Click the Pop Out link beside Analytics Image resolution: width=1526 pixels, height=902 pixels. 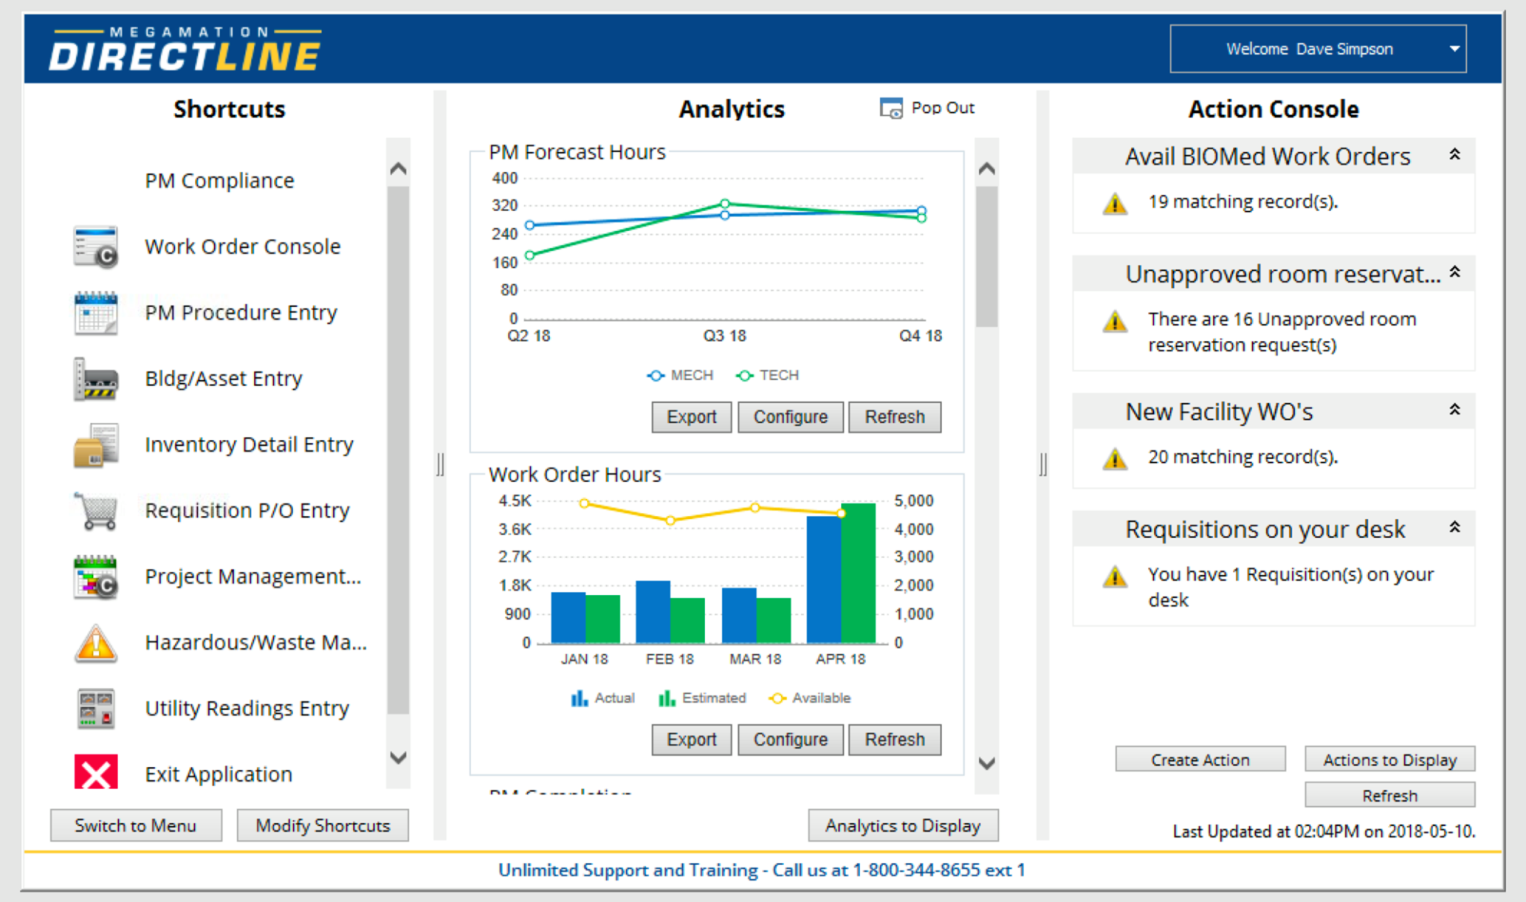click(x=928, y=109)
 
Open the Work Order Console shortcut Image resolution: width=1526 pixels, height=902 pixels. click(x=242, y=247)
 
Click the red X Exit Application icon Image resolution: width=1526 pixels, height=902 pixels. click(x=96, y=772)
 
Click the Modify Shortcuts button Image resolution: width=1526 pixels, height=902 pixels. click(x=323, y=825)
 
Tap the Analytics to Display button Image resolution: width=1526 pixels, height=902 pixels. click(x=902, y=825)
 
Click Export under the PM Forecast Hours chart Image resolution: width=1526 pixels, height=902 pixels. click(x=691, y=417)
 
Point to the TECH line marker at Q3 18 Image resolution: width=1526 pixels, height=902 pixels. click(x=725, y=203)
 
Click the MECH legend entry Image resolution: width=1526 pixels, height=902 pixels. click(x=681, y=375)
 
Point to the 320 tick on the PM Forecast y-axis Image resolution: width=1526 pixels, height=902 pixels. click(x=504, y=206)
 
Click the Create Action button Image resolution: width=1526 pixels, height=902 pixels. click(x=1200, y=760)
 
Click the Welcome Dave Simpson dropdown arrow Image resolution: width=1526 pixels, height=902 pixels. click(x=1454, y=49)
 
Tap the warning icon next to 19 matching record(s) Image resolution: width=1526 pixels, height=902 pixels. click(x=1115, y=203)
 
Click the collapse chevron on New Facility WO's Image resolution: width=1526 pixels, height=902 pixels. click(x=1454, y=410)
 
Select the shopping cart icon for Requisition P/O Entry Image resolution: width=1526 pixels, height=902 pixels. click(x=98, y=511)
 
